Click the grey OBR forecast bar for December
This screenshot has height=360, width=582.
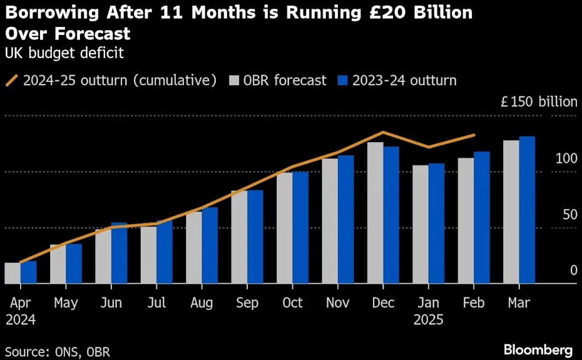tap(375, 212)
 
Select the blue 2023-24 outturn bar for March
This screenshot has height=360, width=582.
tap(527, 210)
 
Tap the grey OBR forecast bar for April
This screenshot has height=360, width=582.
tap(13, 273)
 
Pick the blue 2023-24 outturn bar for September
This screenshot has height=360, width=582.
tap(255, 237)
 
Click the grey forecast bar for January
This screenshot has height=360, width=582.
tap(421, 224)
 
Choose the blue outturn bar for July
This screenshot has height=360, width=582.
tap(165, 252)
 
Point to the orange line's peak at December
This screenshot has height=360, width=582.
tap(384, 132)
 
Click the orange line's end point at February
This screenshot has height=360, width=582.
tap(474, 135)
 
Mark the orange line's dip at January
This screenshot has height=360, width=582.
tap(429, 147)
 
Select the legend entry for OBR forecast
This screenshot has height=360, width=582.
tap(278, 80)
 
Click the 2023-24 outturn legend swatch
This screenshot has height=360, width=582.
tap(342, 80)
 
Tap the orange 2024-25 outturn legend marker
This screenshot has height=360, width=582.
tap(11, 80)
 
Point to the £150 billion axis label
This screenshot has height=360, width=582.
tap(539, 101)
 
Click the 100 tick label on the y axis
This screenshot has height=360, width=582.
tap(566, 158)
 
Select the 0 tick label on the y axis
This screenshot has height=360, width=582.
tap(574, 270)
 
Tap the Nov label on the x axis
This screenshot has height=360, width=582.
tap(338, 303)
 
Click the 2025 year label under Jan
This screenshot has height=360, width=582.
tap(429, 319)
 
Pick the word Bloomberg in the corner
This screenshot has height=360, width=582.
tap(538, 350)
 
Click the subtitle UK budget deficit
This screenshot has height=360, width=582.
tap(64, 53)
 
